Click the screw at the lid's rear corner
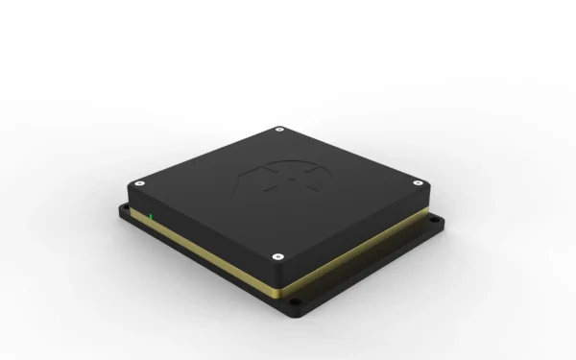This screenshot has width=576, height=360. tap(278, 129)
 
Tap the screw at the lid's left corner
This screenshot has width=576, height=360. tap(140, 180)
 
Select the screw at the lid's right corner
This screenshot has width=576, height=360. tap(417, 181)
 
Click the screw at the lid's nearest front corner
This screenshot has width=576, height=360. tap(277, 255)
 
